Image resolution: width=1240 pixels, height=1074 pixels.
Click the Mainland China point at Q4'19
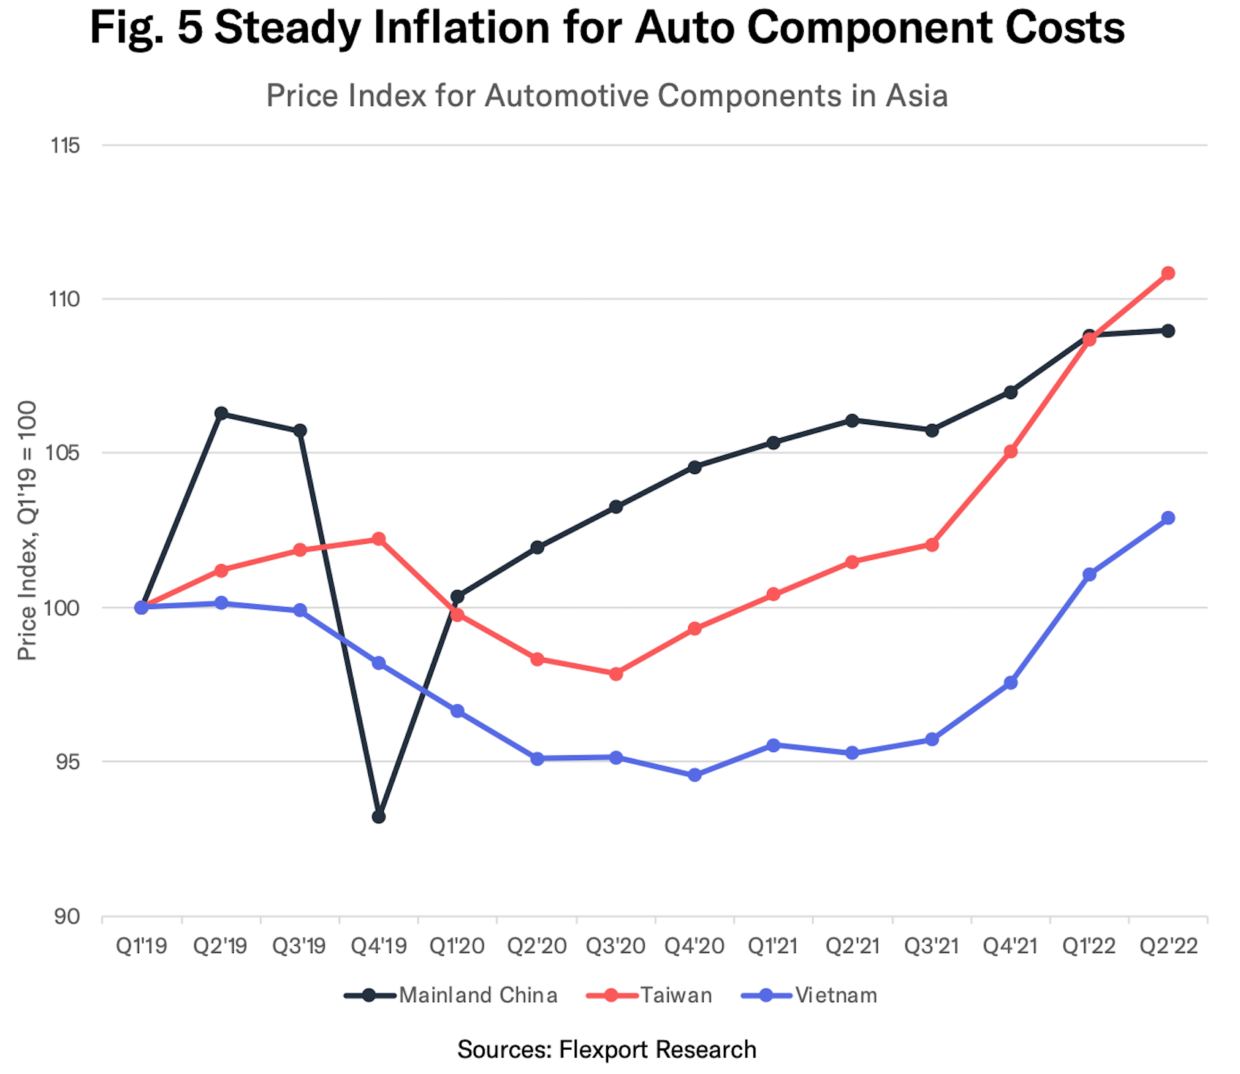[x=378, y=817]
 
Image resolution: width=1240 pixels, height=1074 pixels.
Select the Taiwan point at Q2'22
[x=1168, y=273]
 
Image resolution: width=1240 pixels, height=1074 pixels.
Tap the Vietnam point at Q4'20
[x=694, y=775]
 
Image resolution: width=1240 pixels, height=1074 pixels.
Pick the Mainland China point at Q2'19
[x=221, y=413]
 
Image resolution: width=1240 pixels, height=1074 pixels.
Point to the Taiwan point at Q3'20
[x=616, y=673]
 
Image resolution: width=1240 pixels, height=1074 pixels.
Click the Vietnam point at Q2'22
[x=1168, y=518]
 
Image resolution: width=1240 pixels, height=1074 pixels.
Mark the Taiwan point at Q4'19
[x=378, y=539]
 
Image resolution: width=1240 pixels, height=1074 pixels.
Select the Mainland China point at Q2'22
[x=1168, y=331]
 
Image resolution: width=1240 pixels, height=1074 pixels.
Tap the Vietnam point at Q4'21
[x=1010, y=683]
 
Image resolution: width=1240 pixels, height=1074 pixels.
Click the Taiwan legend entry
[x=649, y=995]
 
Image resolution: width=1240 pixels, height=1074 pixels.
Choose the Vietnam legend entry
[x=809, y=995]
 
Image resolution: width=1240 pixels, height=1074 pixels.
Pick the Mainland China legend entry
[x=450, y=995]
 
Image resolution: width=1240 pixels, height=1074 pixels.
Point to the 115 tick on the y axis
[x=65, y=145]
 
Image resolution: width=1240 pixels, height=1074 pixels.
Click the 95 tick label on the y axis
[x=65, y=762]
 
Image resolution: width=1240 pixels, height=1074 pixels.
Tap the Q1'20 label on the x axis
[x=457, y=946]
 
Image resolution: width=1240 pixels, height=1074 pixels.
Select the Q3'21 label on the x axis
[x=931, y=946]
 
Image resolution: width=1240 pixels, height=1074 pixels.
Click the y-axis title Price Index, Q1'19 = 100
[x=27, y=531]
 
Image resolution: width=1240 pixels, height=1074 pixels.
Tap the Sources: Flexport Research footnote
[x=606, y=1049]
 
